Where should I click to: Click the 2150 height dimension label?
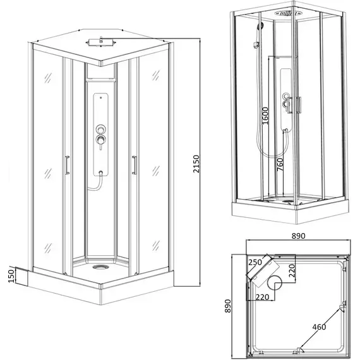(x=196, y=164)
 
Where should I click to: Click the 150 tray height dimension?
(x=11, y=276)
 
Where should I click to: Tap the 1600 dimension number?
(x=265, y=116)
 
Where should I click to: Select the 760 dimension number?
(x=280, y=164)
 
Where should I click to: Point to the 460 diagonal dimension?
(x=319, y=327)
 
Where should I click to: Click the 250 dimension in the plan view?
(x=255, y=262)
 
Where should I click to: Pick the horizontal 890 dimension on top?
(x=298, y=236)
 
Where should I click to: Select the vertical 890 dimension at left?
(x=227, y=306)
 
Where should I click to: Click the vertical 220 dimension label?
(x=291, y=270)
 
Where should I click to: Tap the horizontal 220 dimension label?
(x=262, y=297)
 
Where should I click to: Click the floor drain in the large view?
(x=100, y=267)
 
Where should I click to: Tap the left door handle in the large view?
(x=67, y=165)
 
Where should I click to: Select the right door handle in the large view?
(x=135, y=165)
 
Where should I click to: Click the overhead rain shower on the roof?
(x=100, y=42)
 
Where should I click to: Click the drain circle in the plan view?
(x=275, y=282)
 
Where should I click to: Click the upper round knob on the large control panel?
(x=100, y=129)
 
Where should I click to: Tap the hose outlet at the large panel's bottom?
(x=100, y=172)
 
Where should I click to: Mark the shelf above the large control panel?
(x=100, y=79)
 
